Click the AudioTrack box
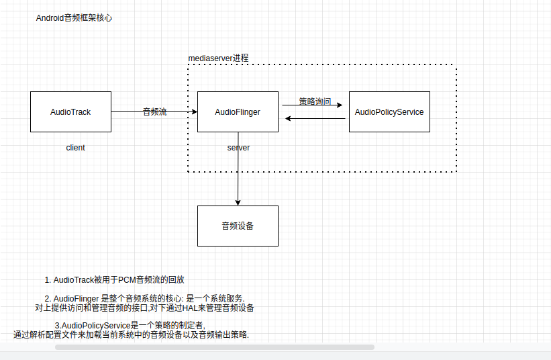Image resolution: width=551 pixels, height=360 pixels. click(x=70, y=111)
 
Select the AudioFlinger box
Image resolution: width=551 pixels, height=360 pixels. click(x=238, y=111)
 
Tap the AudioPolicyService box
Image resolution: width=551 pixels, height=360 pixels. click(x=389, y=111)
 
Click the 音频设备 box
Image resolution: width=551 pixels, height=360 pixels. click(x=238, y=226)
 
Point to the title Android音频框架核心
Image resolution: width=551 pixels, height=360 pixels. click(x=74, y=18)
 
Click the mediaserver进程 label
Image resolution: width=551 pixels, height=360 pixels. click(x=218, y=58)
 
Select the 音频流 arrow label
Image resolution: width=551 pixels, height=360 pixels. click(x=154, y=112)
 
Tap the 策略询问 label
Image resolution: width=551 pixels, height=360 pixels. click(x=315, y=101)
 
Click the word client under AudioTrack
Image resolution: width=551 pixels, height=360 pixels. click(x=75, y=148)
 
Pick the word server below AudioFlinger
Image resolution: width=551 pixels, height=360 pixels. click(x=238, y=148)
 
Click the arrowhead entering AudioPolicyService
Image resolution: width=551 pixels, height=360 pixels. click(x=340, y=105)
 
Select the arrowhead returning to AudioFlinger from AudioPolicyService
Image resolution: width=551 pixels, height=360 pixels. click(x=288, y=119)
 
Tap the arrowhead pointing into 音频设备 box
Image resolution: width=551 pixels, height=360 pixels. click(x=238, y=202)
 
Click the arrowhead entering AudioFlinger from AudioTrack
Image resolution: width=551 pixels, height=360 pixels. click(x=194, y=111)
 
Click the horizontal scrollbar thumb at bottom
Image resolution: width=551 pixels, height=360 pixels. click(x=214, y=347)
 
